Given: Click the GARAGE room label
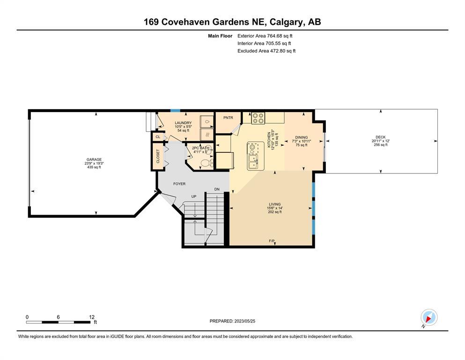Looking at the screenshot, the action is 94,159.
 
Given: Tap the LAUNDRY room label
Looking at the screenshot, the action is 183,123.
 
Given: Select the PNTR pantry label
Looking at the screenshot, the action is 228,118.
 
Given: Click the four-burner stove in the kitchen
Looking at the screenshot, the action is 258,118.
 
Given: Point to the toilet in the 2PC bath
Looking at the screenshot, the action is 206,163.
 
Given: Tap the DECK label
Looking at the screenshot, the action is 381,137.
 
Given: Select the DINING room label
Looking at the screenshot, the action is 301,137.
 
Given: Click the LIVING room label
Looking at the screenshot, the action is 274,204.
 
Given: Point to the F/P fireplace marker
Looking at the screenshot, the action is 272,241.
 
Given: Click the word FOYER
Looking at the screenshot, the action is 179,184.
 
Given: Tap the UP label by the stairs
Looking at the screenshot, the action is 194,196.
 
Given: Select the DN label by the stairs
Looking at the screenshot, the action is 217,189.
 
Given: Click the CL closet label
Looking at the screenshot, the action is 158,137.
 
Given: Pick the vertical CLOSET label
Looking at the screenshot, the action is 158,156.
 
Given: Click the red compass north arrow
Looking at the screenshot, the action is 428,319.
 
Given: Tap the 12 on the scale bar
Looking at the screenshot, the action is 92,317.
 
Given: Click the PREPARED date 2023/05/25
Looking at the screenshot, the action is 244,321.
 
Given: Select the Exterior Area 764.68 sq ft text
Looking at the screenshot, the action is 265,36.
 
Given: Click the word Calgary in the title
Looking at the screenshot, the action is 288,22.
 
